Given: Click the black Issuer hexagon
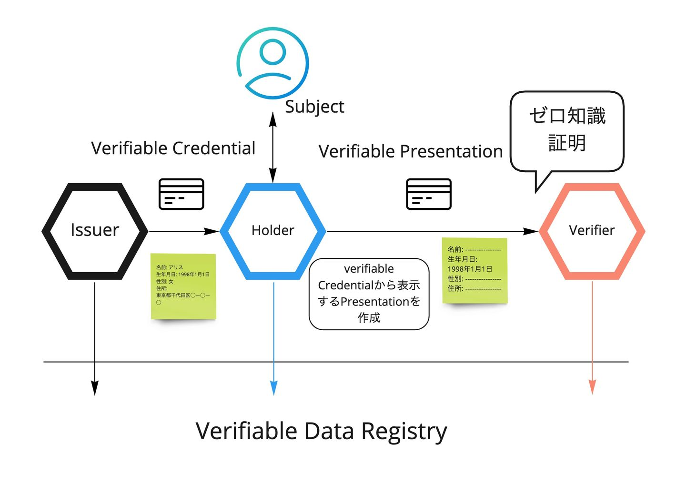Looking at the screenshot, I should pyautogui.click(x=95, y=231).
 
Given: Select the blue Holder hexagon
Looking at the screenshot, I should pyautogui.click(x=272, y=231).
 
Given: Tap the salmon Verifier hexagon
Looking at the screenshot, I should pyautogui.click(x=592, y=231).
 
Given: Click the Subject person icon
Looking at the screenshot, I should pyautogui.click(x=273, y=62).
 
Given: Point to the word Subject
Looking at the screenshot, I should pyautogui.click(x=314, y=107).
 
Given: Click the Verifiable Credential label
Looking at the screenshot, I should pyautogui.click(x=173, y=148).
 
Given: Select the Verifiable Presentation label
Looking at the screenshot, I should pyautogui.click(x=411, y=151).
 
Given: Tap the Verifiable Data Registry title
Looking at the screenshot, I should pyautogui.click(x=321, y=431).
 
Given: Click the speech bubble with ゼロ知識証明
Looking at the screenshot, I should pyautogui.click(x=567, y=130).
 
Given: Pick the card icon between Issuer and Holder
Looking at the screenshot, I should pyautogui.click(x=181, y=194).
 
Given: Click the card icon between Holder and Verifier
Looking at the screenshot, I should pyautogui.click(x=428, y=194).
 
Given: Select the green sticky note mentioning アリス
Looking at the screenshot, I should pyautogui.click(x=183, y=286).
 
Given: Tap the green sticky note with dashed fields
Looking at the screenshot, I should pyautogui.click(x=474, y=270).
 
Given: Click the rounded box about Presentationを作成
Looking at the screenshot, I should pyautogui.click(x=369, y=294).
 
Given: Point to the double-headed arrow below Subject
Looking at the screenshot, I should pyautogui.click(x=273, y=148).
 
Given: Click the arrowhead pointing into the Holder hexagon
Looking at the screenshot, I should pyautogui.click(x=212, y=231).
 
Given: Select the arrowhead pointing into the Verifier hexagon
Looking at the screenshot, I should pyautogui.click(x=531, y=231).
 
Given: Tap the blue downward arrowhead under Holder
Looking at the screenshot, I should pyautogui.click(x=273, y=388).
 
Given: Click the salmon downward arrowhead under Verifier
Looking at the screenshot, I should pyautogui.click(x=592, y=387).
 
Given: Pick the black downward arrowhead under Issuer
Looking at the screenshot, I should pyautogui.click(x=95, y=388).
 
